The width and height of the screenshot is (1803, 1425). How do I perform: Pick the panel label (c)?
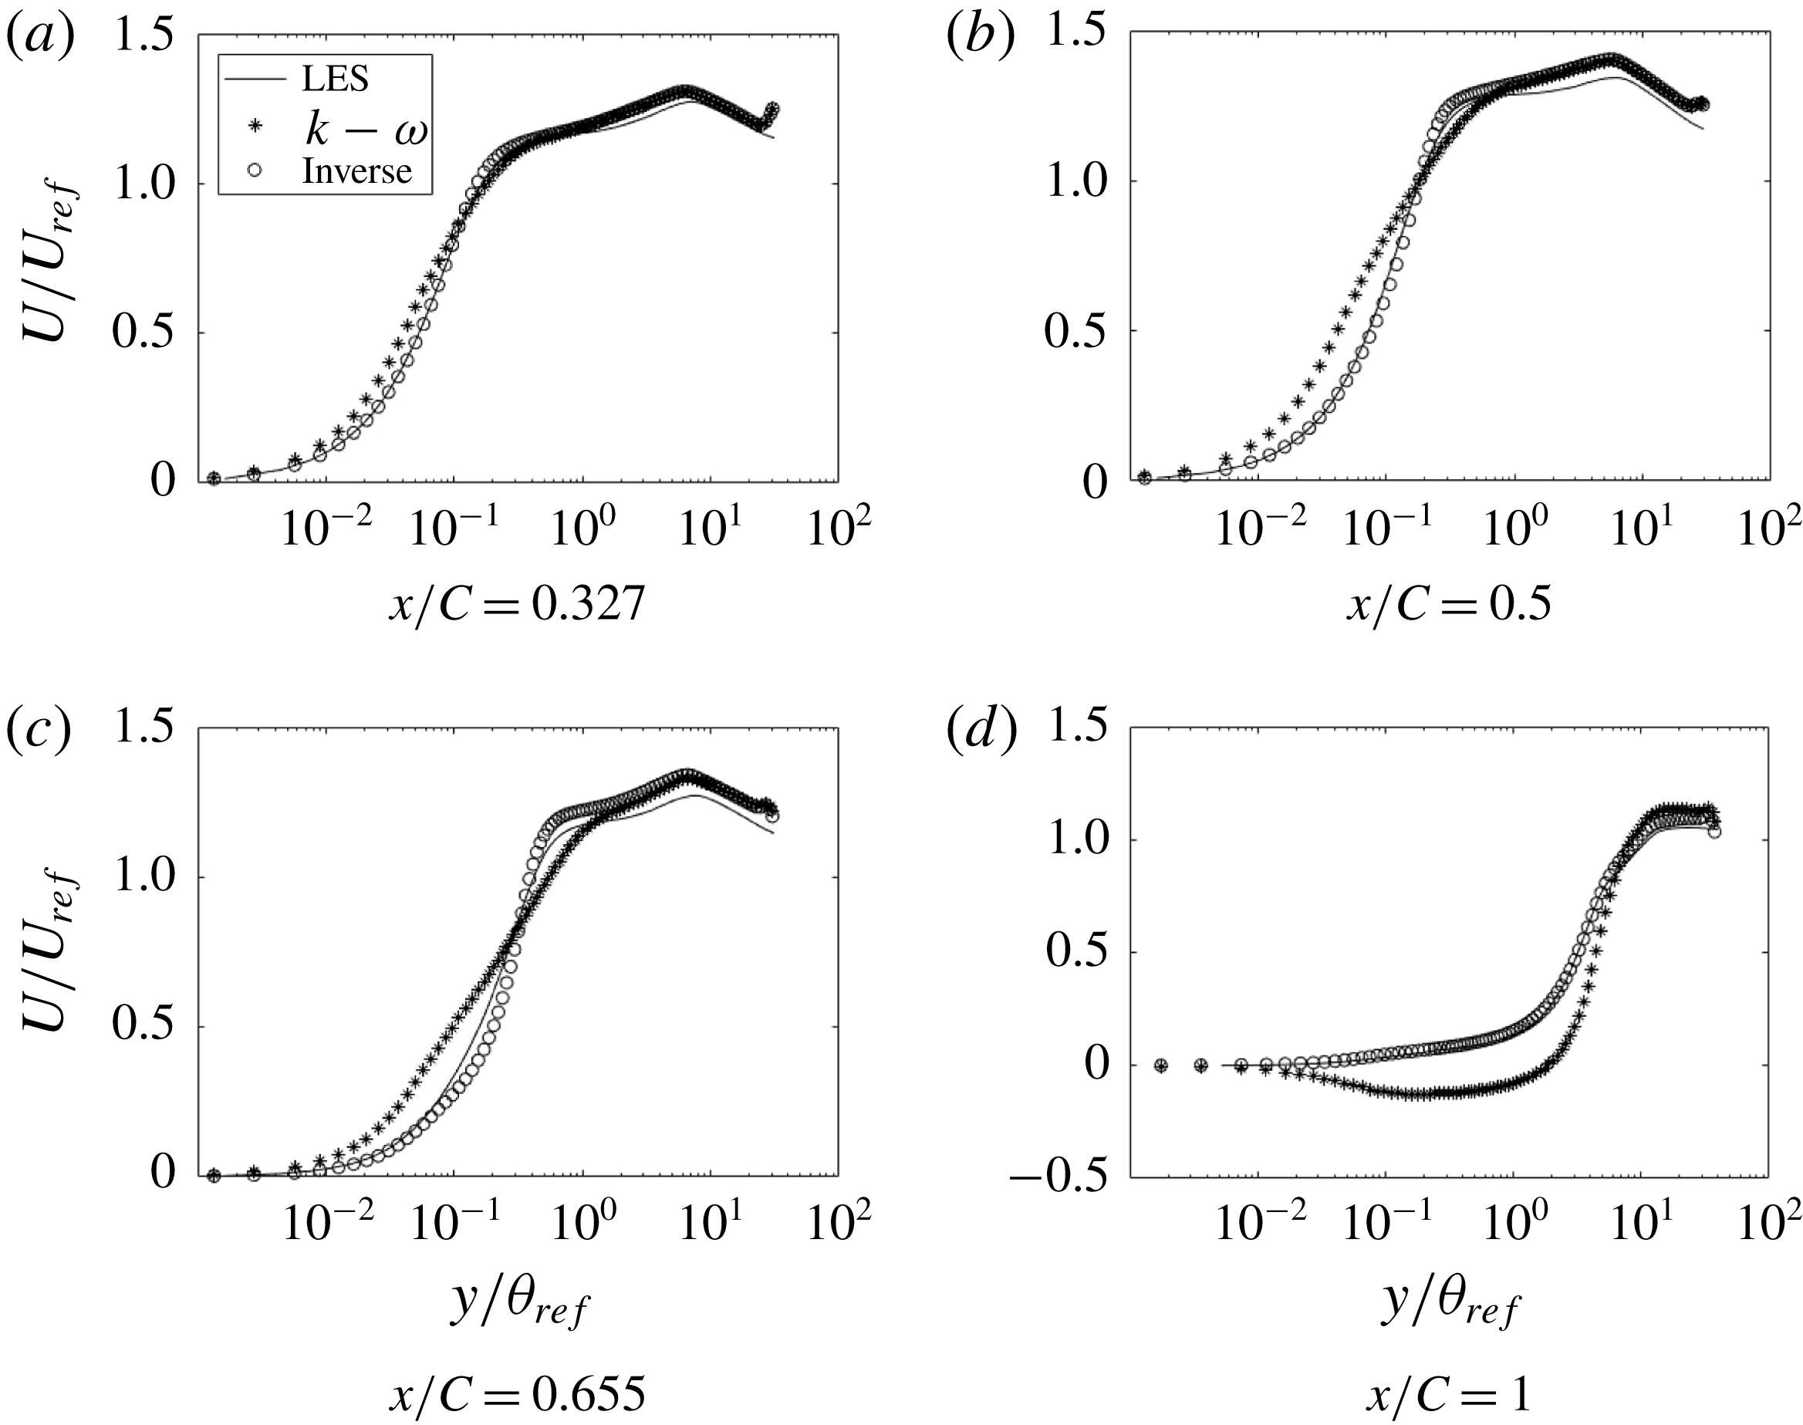pyautogui.click(x=39, y=731)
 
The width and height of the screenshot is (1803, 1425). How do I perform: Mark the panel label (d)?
pyautogui.click(x=981, y=731)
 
